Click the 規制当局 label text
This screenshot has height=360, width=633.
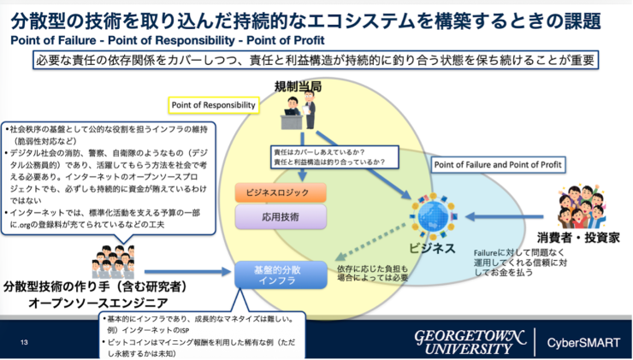click(299, 86)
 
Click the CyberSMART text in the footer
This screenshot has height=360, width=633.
click(583, 341)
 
